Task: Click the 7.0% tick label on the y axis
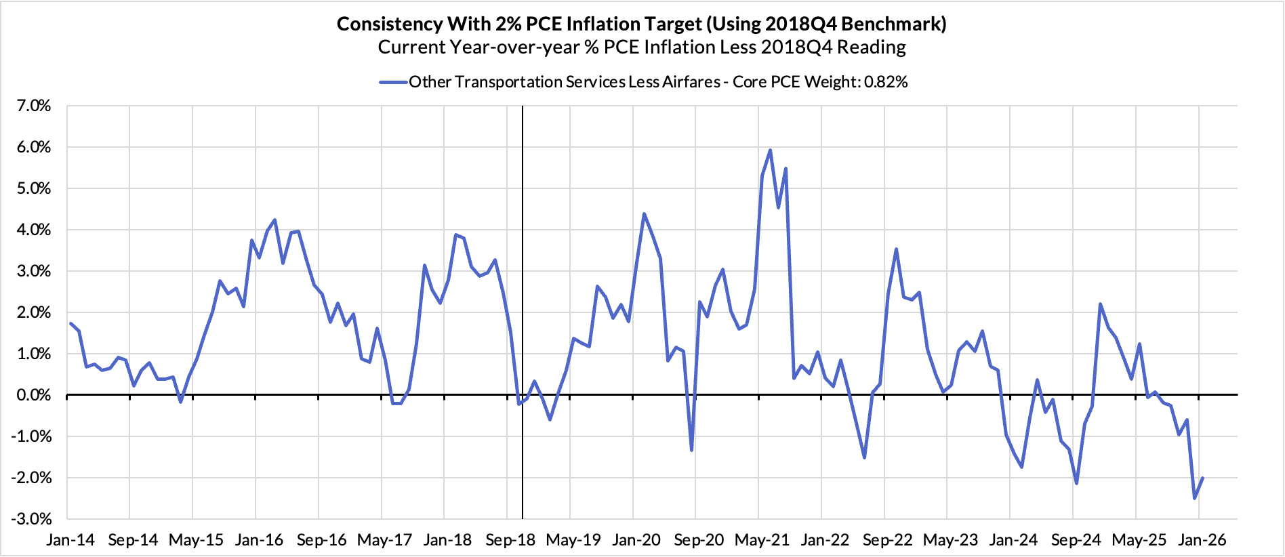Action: (x=30, y=106)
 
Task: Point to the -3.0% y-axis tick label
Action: (x=30, y=519)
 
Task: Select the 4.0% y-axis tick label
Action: (x=30, y=230)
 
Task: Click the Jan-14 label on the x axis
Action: (x=70, y=540)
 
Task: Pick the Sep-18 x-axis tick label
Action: (x=510, y=540)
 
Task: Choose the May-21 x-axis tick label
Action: (x=762, y=540)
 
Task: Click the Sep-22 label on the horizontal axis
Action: (x=888, y=540)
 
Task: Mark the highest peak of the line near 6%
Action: (x=770, y=150)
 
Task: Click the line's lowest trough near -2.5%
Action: (x=1194, y=498)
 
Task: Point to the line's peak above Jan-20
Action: (x=644, y=214)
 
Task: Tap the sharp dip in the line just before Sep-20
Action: (x=691, y=450)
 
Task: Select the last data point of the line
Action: (x=1202, y=478)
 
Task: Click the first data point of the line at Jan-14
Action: (x=70, y=323)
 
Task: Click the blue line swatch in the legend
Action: (x=392, y=82)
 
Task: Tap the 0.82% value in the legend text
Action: (x=886, y=82)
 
